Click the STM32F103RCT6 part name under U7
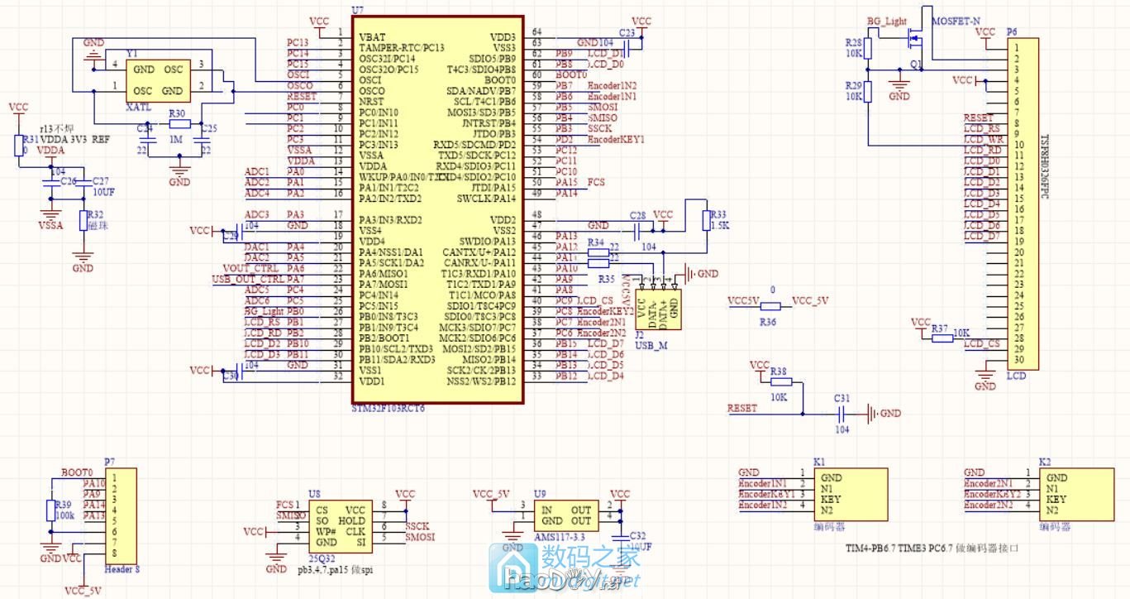388,410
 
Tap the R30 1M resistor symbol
179,124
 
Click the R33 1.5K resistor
708,222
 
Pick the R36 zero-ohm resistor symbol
770,306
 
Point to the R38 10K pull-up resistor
781,381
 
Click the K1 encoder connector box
851,494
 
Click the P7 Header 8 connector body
122,515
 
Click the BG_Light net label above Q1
887,21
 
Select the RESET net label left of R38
741,409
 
